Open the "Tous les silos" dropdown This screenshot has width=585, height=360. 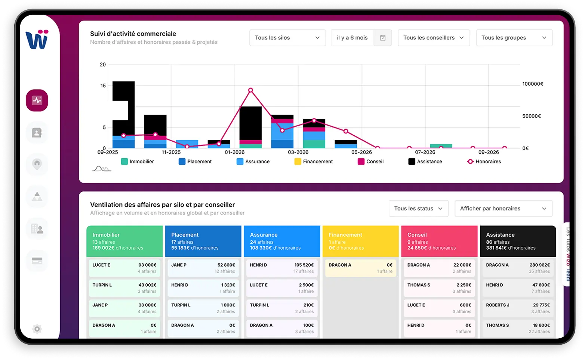point(287,38)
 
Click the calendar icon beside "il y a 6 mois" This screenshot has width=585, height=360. point(382,38)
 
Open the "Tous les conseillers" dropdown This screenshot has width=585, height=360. point(433,38)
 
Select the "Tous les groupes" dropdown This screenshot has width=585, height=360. point(514,38)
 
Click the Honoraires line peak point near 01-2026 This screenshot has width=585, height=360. point(250,90)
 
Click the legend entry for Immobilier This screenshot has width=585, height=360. point(138,161)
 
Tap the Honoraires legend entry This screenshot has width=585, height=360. point(484,161)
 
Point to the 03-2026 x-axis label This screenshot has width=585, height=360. point(298,152)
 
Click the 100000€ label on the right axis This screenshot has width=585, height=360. point(533,84)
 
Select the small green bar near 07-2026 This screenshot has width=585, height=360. point(441,146)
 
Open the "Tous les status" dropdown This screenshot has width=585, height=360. point(418,209)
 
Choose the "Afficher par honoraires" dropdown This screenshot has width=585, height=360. point(503,209)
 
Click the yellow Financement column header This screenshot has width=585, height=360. point(360,241)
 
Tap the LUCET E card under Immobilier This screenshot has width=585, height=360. point(124,268)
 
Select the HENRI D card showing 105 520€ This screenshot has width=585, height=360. point(282,268)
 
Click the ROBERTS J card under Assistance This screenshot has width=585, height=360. point(518,308)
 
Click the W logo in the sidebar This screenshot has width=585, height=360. point(37,39)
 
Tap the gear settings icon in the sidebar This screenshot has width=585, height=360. point(37,329)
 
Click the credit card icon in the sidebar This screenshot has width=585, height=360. point(37,261)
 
